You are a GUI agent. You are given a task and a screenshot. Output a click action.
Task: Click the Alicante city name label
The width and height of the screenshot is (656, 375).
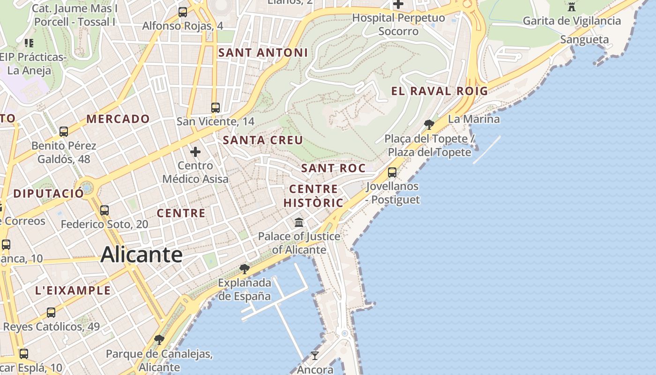142,255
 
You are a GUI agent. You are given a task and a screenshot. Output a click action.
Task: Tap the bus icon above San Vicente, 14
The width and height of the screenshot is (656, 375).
216,108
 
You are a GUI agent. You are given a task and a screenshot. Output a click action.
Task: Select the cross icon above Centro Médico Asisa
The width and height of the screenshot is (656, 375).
195,152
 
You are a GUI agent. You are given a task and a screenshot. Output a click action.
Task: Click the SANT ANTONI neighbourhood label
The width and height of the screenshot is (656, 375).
263,53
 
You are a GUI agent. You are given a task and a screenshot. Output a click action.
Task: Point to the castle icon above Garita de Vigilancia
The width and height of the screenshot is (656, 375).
571,7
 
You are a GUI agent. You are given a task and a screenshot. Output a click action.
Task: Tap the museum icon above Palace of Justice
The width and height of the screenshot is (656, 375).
299,222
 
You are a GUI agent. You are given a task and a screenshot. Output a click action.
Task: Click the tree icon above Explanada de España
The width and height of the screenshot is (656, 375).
244,269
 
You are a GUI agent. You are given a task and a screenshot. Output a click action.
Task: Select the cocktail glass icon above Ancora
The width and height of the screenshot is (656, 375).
315,356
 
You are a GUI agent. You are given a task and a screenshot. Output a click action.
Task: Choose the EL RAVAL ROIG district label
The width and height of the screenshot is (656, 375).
440,91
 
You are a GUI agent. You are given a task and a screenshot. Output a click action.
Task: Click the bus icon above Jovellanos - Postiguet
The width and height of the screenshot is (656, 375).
392,172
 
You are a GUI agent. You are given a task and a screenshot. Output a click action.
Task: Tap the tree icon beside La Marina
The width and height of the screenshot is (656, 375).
429,124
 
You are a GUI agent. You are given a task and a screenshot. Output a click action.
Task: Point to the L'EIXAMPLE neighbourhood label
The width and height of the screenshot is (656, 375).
73,291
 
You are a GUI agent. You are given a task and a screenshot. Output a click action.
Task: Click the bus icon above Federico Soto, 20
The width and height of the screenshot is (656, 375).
104,210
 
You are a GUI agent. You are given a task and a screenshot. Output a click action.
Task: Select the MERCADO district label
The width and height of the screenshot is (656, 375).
118,119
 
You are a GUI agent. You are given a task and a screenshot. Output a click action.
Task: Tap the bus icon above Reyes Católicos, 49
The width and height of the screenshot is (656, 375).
51,312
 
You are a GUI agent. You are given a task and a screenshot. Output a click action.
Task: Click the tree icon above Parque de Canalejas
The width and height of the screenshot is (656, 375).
159,339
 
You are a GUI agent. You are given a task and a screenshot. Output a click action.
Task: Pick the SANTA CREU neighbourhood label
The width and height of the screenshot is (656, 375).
263,140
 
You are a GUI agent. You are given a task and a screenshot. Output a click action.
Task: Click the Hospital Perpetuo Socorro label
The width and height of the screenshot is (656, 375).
398,24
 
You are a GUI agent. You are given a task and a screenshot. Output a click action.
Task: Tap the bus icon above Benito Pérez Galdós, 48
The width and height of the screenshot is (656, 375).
64,132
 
